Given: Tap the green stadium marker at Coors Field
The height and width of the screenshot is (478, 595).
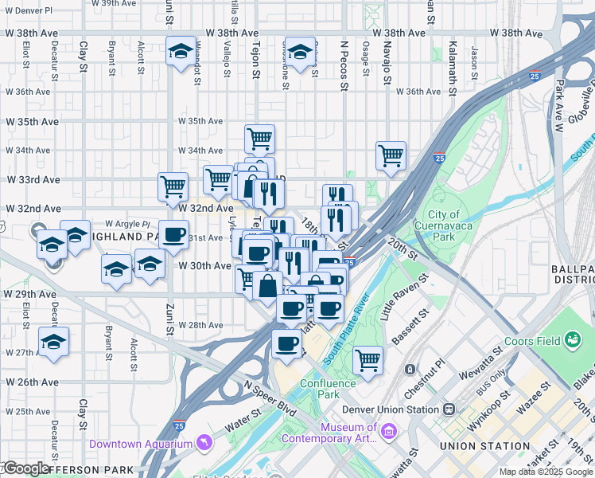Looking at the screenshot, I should [x=572, y=340].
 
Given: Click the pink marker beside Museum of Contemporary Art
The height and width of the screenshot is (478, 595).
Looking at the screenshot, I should [x=389, y=432].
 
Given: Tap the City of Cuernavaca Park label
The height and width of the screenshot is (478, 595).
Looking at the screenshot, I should [x=444, y=225].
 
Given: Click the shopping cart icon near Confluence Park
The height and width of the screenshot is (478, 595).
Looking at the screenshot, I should [x=367, y=360].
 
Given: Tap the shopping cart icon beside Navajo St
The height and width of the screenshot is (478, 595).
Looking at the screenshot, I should [x=391, y=155].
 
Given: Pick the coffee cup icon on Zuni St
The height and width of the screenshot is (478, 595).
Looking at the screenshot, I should [x=173, y=235].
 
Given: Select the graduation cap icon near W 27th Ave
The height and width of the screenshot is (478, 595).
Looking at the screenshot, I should [x=54, y=343].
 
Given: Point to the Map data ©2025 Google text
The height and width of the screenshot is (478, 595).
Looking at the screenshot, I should [x=545, y=472].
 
